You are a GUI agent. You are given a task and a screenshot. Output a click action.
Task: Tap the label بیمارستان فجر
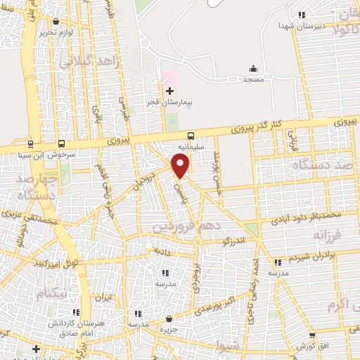click(x=169, y=103)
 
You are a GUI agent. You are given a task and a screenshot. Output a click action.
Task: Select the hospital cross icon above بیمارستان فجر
click(x=169, y=91)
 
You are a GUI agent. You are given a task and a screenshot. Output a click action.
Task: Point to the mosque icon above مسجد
click(x=253, y=69)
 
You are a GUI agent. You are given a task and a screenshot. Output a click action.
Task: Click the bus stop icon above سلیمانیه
click(x=190, y=136)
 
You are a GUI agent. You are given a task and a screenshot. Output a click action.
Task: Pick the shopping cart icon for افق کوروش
click(x=312, y=337)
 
